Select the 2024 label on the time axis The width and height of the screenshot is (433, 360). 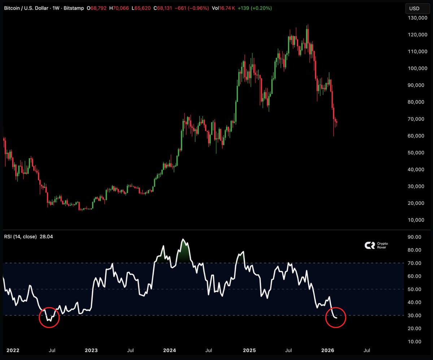(170, 350)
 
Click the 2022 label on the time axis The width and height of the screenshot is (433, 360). (12, 350)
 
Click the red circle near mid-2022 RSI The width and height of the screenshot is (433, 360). (49, 317)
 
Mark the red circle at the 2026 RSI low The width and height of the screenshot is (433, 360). (336, 317)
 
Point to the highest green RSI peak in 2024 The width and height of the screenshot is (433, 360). (183, 240)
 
